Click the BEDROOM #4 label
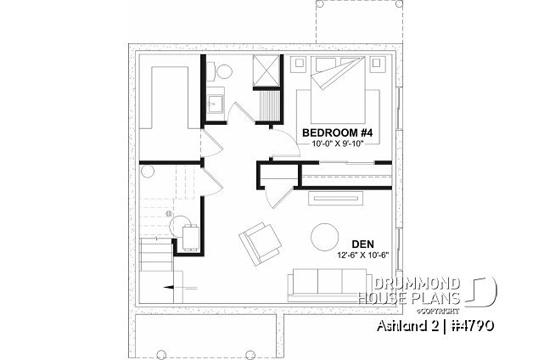[x=337, y=132]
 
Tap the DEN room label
[x=362, y=244]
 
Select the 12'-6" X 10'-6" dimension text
[x=362, y=255]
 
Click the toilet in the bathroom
[x=220, y=71]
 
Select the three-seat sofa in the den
[x=327, y=285]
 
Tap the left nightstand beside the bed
[x=300, y=64]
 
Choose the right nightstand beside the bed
[x=376, y=64]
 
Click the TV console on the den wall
[x=336, y=199]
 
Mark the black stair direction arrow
[x=169, y=288]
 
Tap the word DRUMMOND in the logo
[x=417, y=284]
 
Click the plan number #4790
[x=472, y=326]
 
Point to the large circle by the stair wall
[x=148, y=171]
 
